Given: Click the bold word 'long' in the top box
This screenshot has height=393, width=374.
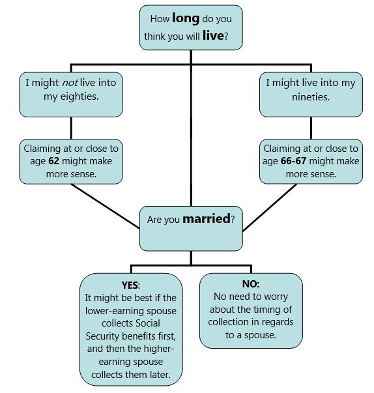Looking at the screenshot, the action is click(x=186, y=19).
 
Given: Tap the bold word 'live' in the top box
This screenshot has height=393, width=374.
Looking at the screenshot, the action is click(x=213, y=35).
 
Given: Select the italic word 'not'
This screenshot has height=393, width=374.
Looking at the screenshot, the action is click(x=70, y=83).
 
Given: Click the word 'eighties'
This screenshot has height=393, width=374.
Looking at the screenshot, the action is click(x=79, y=96).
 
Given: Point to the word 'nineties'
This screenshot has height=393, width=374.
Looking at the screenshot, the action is click(x=311, y=96).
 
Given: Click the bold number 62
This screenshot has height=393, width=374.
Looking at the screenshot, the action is click(x=53, y=161).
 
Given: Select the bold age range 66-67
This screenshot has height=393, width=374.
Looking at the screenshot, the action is click(x=293, y=161).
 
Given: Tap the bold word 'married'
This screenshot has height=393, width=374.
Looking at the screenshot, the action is click(x=207, y=219).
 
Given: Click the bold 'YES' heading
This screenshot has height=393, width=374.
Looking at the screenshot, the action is click(x=130, y=285).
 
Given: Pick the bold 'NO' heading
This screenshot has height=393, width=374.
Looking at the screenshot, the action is click(x=250, y=284).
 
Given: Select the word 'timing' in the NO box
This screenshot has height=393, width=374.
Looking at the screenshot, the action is click(x=266, y=310).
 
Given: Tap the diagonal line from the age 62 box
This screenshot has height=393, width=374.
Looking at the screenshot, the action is click(x=105, y=206).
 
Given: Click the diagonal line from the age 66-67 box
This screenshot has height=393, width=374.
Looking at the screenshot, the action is click(x=270, y=207).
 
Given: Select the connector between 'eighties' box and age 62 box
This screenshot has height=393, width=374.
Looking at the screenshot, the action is click(x=71, y=128).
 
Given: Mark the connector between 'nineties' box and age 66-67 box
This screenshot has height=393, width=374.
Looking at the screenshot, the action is click(x=311, y=128).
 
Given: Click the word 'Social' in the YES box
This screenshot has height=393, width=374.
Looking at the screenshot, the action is click(x=147, y=323).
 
